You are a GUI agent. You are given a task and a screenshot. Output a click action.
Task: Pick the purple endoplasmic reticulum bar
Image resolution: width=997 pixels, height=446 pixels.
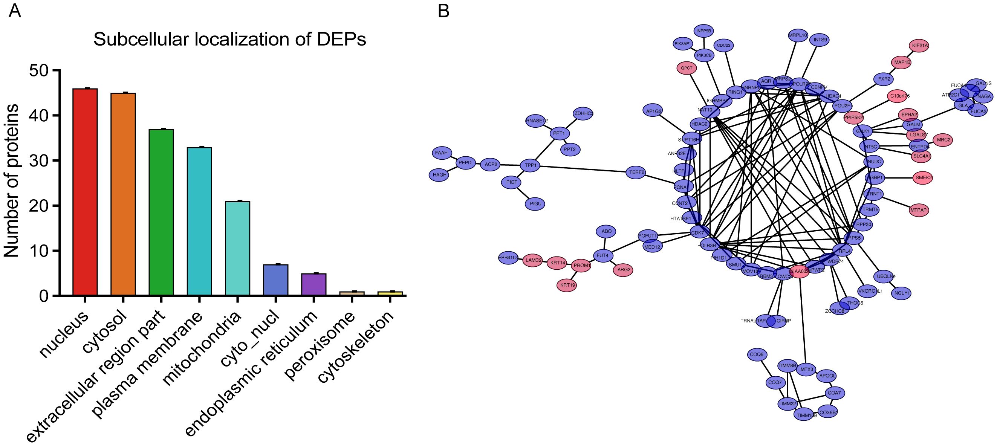pos(313,285)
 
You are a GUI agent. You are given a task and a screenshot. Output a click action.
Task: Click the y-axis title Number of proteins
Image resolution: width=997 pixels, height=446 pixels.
pos(12,181)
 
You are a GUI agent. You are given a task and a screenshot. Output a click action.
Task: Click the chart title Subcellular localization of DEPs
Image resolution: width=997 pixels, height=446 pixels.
pos(229,40)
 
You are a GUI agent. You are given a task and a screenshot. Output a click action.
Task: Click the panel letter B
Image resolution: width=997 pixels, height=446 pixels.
pos(443,11)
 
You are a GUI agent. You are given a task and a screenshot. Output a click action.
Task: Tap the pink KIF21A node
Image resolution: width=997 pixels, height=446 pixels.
pos(919,46)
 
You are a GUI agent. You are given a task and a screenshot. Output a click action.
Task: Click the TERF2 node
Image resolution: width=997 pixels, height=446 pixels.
pos(636,172)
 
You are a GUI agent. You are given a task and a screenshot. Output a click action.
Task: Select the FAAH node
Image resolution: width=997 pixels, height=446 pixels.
pos(441,153)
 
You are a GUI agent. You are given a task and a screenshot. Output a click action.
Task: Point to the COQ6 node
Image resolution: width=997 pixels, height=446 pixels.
pos(757,354)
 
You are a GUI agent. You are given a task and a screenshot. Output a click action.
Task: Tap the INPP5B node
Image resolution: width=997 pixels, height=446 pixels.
pos(703,31)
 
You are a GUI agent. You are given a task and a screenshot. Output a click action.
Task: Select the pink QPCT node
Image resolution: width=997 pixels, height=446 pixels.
pos(687,68)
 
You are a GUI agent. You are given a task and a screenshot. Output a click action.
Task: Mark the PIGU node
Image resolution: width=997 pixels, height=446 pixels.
pos(535,203)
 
